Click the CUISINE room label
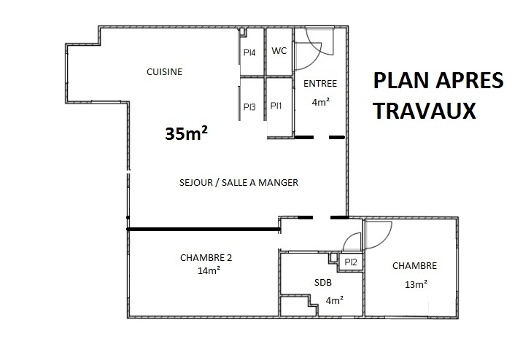click(x=164, y=71)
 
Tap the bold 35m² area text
click(x=186, y=133)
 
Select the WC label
click(x=279, y=51)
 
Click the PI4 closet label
click(x=249, y=52)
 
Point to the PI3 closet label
click(x=249, y=107)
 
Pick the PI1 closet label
click(x=276, y=106)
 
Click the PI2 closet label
click(x=351, y=262)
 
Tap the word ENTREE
click(x=320, y=84)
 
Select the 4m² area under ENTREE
click(x=321, y=102)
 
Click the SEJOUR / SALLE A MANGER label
click(x=239, y=183)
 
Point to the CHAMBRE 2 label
click(x=206, y=258)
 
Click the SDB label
click(x=323, y=282)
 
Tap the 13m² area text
click(x=416, y=284)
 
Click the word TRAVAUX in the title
click(x=425, y=111)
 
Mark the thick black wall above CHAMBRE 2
click(x=204, y=230)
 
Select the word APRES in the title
click(x=470, y=80)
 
